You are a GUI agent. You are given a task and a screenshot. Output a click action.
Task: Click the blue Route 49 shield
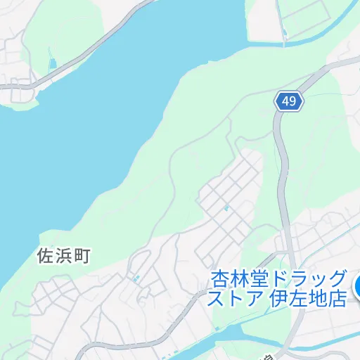288,101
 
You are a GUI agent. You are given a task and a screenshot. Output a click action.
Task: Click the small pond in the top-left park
52,63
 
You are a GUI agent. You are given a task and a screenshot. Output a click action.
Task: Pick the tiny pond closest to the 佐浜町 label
136,279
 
